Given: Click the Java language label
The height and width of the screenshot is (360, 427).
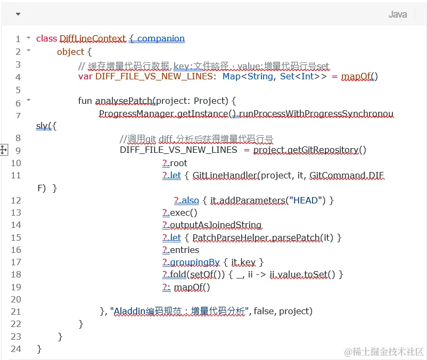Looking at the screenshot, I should (397, 14).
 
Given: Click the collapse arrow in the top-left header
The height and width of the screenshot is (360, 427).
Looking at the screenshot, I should (18, 14).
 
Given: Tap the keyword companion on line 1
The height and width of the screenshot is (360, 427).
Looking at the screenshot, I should (161, 38).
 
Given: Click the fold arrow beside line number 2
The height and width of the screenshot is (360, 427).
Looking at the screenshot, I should (28, 51).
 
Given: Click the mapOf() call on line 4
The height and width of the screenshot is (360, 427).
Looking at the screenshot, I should (359, 77).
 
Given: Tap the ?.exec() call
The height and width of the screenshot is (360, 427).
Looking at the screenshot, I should (180, 212).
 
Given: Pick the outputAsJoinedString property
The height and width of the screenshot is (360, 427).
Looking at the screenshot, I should (215, 225).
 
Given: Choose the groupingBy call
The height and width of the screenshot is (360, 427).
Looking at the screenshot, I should (194, 262).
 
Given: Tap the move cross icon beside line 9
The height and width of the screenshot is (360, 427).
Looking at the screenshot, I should (3, 150).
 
